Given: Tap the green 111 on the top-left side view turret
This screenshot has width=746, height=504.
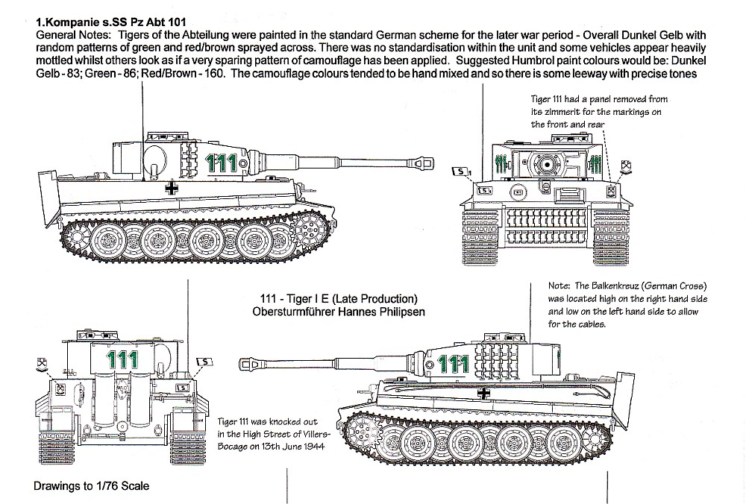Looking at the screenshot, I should pyautogui.click(x=222, y=164).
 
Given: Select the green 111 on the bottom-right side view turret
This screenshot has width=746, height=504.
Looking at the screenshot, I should pyautogui.click(x=454, y=365).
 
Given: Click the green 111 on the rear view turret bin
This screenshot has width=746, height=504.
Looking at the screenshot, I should pyautogui.click(x=123, y=359).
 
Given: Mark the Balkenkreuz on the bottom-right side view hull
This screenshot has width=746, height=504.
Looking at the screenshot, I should pyautogui.click(x=486, y=393).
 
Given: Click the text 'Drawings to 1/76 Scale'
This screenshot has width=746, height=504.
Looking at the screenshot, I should pyautogui.click(x=91, y=486).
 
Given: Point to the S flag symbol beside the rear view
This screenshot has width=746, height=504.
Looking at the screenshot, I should pyautogui.click(x=200, y=362).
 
